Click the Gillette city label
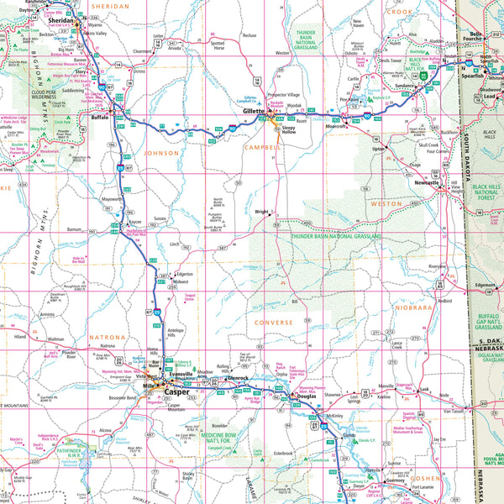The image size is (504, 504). pos(253,111)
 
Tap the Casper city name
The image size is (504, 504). pos(176,391)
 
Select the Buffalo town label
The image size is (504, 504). pos(99,118)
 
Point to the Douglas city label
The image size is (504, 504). pos(305,396)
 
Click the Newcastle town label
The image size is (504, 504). pos(428,182)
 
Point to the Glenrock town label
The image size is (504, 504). pos(239,378)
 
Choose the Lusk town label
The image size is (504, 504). pos(423,391)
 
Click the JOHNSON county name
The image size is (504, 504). pos(161,154)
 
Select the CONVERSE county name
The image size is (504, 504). pos(274,322)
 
